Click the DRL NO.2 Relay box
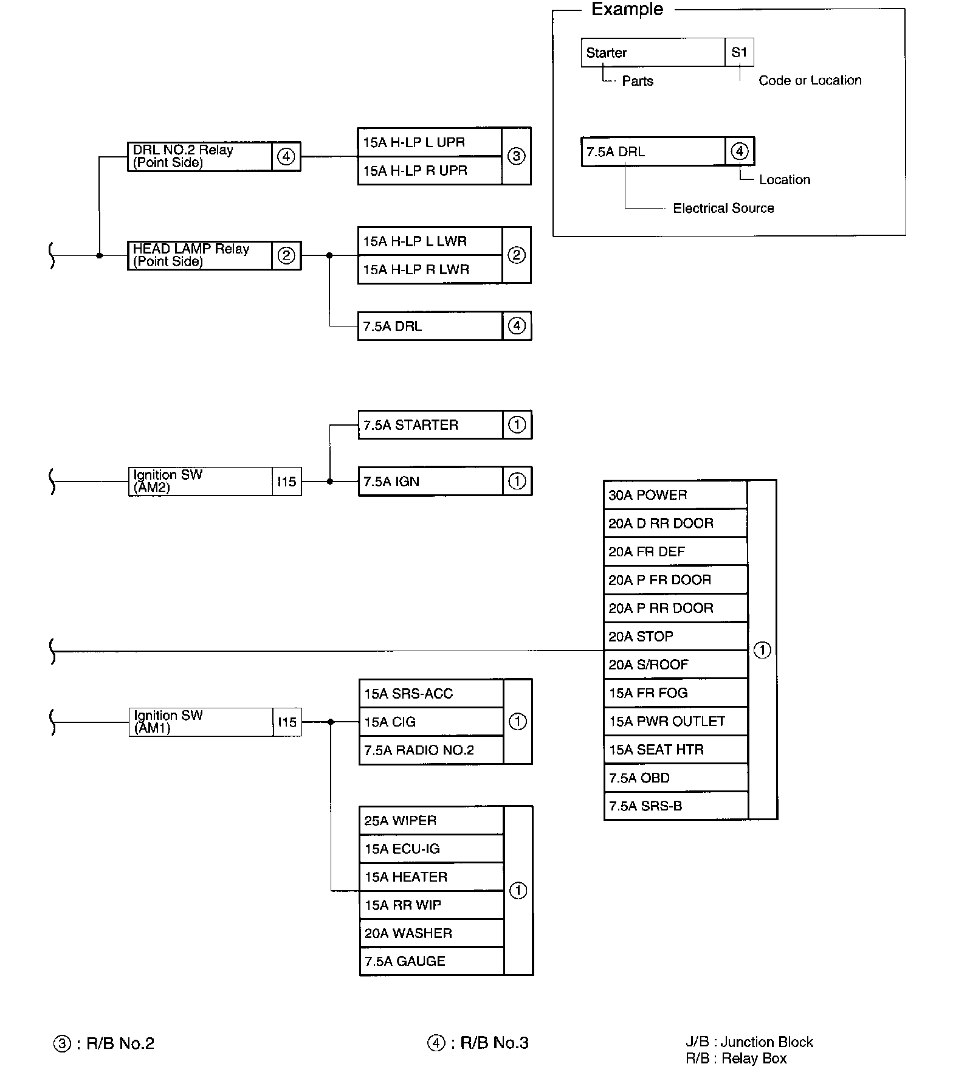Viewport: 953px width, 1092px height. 199,156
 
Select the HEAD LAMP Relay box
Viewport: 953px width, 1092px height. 199,255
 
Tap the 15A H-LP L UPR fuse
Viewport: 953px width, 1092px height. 429,142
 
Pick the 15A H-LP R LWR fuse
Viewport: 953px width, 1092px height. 429,269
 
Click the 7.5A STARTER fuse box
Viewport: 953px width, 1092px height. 430,425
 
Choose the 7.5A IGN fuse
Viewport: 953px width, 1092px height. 430,482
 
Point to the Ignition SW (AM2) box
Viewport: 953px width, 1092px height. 200,482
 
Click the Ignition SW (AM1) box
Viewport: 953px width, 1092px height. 201,722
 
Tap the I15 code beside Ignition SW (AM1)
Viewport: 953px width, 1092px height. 287,722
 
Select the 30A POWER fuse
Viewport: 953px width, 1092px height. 675,495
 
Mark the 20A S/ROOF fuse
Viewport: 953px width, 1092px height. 675,665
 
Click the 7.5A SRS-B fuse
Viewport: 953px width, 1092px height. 675,806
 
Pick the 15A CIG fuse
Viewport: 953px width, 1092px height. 430,722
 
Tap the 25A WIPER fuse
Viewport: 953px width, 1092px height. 431,821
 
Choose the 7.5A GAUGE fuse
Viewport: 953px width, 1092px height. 431,961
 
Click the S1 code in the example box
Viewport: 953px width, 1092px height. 739,52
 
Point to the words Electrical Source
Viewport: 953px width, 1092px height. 723,208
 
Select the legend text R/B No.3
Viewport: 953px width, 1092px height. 494,1043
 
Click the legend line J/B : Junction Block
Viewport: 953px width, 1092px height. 749,1042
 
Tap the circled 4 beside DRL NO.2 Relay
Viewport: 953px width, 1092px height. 286,156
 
